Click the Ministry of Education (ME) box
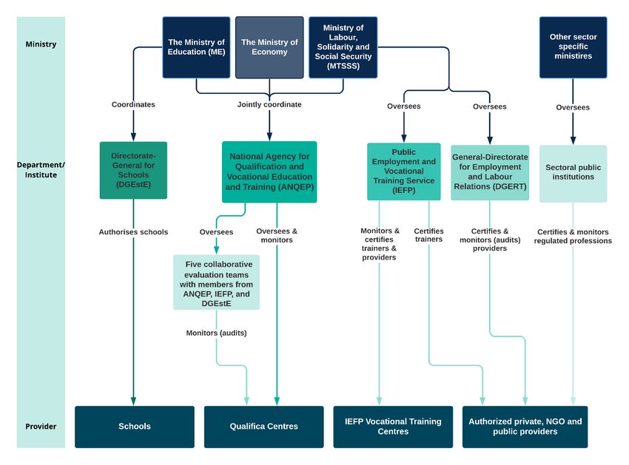tap(196, 47)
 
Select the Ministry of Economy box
tap(269, 47)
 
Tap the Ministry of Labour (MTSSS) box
tap(343, 47)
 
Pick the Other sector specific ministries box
tap(573, 47)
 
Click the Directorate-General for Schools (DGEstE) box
tap(134, 170)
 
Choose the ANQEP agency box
tap(269, 172)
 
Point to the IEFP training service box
tap(403, 172)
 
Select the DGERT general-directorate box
tap(490, 173)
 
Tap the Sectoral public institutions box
tap(573, 174)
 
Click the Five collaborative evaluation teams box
tap(216, 282)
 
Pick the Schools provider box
tap(135, 427)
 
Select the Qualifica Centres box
tap(264, 427)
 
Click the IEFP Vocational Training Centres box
tap(393, 427)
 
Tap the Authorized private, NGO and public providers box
tap(525, 427)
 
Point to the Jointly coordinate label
tap(269, 105)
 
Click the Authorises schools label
tap(134, 232)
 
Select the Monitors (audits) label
tap(216, 333)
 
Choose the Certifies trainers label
tap(428, 235)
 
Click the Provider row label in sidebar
tap(41, 427)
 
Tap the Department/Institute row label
tap(41, 170)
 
